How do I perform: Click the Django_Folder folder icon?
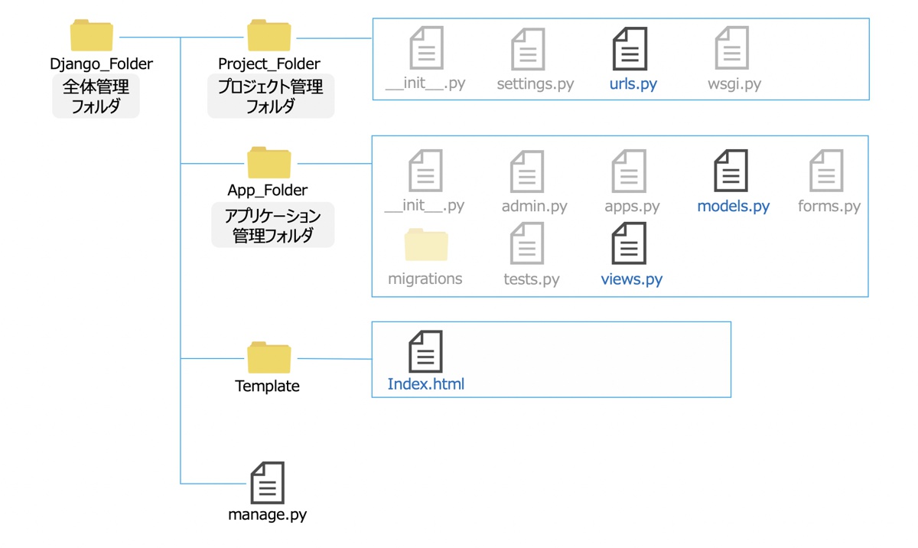click(92, 36)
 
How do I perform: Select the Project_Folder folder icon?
click(269, 36)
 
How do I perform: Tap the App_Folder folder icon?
click(269, 162)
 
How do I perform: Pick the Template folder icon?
click(269, 357)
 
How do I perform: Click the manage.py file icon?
click(267, 482)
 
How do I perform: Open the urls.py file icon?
click(630, 49)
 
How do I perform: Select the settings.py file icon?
click(528, 49)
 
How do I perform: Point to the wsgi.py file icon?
click(731, 49)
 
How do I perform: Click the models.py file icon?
click(731, 171)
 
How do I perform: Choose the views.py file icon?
click(629, 243)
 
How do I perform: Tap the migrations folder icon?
click(426, 245)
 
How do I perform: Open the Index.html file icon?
click(425, 351)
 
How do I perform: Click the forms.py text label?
click(828, 206)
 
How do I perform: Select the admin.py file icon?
click(527, 171)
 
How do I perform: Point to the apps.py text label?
click(632, 206)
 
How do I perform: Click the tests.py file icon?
click(527, 243)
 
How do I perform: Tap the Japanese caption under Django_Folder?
click(96, 96)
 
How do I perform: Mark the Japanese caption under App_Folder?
click(272, 226)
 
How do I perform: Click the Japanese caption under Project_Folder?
click(270, 96)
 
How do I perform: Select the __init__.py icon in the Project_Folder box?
click(426, 49)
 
